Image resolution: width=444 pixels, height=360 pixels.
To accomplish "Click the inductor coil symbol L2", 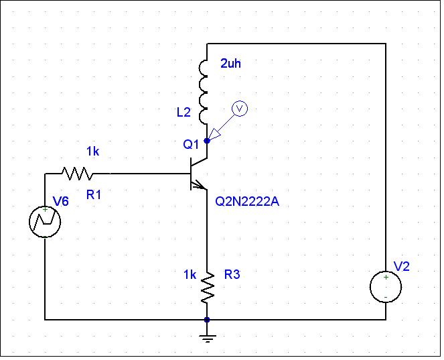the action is click(204, 92).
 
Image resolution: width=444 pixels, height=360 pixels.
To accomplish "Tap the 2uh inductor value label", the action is click(231, 64).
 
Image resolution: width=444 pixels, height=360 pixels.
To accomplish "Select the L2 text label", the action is click(183, 113).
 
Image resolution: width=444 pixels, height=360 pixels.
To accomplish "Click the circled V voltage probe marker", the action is click(240, 109).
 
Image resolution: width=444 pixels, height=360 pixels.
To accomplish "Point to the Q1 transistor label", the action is click(191, 144).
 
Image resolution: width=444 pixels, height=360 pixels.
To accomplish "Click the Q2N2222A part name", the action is click(247, 202).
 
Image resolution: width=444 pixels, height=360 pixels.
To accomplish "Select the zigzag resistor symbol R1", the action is click(77, 174).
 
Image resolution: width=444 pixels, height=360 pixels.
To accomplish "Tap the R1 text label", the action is click(94, 194).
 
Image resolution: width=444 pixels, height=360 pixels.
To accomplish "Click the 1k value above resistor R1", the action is click(93, 152).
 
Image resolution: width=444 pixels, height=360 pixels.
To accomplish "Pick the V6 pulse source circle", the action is click(45, 222).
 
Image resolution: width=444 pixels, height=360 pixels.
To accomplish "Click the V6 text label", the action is click(61, 201).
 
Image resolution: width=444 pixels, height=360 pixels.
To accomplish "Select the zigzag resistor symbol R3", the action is click(208, 287).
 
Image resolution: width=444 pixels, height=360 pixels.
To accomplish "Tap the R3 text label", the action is click(232, 274).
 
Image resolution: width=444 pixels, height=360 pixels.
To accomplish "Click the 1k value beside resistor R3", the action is click(190, 274).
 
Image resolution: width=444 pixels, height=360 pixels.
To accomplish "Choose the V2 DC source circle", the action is click(386, 287).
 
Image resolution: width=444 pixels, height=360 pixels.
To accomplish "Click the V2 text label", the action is click(402, 266).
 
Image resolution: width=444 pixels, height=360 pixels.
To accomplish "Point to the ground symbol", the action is click(208, 339).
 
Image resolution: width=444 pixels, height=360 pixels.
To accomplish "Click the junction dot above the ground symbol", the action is click(207, 320).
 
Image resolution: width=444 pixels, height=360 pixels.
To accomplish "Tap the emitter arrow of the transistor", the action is click(198, 186).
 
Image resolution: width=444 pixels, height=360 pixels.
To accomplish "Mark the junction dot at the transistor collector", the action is click(207, 141).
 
